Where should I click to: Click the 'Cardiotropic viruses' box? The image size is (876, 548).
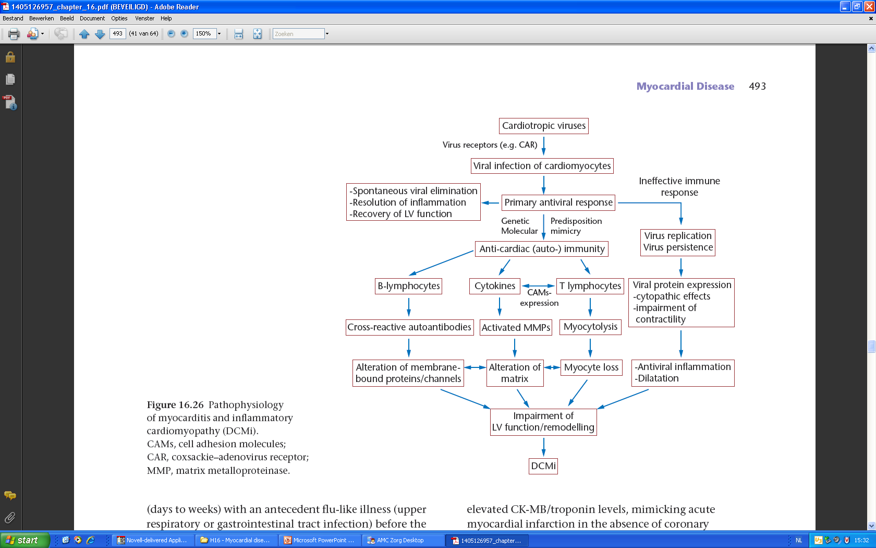coord(543,126)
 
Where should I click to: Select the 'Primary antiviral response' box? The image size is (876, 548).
coord(558,202)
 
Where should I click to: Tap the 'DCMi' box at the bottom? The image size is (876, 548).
coord(543,466)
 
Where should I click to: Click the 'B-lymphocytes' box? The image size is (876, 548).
coord(408,286)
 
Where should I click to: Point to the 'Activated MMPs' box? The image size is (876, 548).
coord(516,327)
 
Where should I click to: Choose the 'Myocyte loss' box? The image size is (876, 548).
coord(591,367)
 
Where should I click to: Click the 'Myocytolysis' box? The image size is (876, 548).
coord(590,327)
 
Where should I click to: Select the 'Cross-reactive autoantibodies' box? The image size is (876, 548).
coord(409,327)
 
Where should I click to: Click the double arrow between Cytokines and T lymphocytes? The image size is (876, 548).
coord(539,286)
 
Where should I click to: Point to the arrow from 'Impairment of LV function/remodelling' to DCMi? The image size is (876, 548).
coord(543,447)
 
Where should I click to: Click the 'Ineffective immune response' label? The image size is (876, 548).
coord(679,186)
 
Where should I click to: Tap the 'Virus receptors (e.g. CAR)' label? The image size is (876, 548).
coord(490,145)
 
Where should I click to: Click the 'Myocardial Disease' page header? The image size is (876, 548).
coord(685,86)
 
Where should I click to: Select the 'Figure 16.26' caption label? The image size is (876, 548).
coord(175,404)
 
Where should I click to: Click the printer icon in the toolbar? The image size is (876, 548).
coord(14,34)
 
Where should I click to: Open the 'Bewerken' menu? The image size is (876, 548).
coord(42,18)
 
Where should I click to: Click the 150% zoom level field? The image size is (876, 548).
coord(204,33)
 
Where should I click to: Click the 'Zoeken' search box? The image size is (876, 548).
coord(298,33)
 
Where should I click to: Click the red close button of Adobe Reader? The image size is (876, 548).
coord(869,7)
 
